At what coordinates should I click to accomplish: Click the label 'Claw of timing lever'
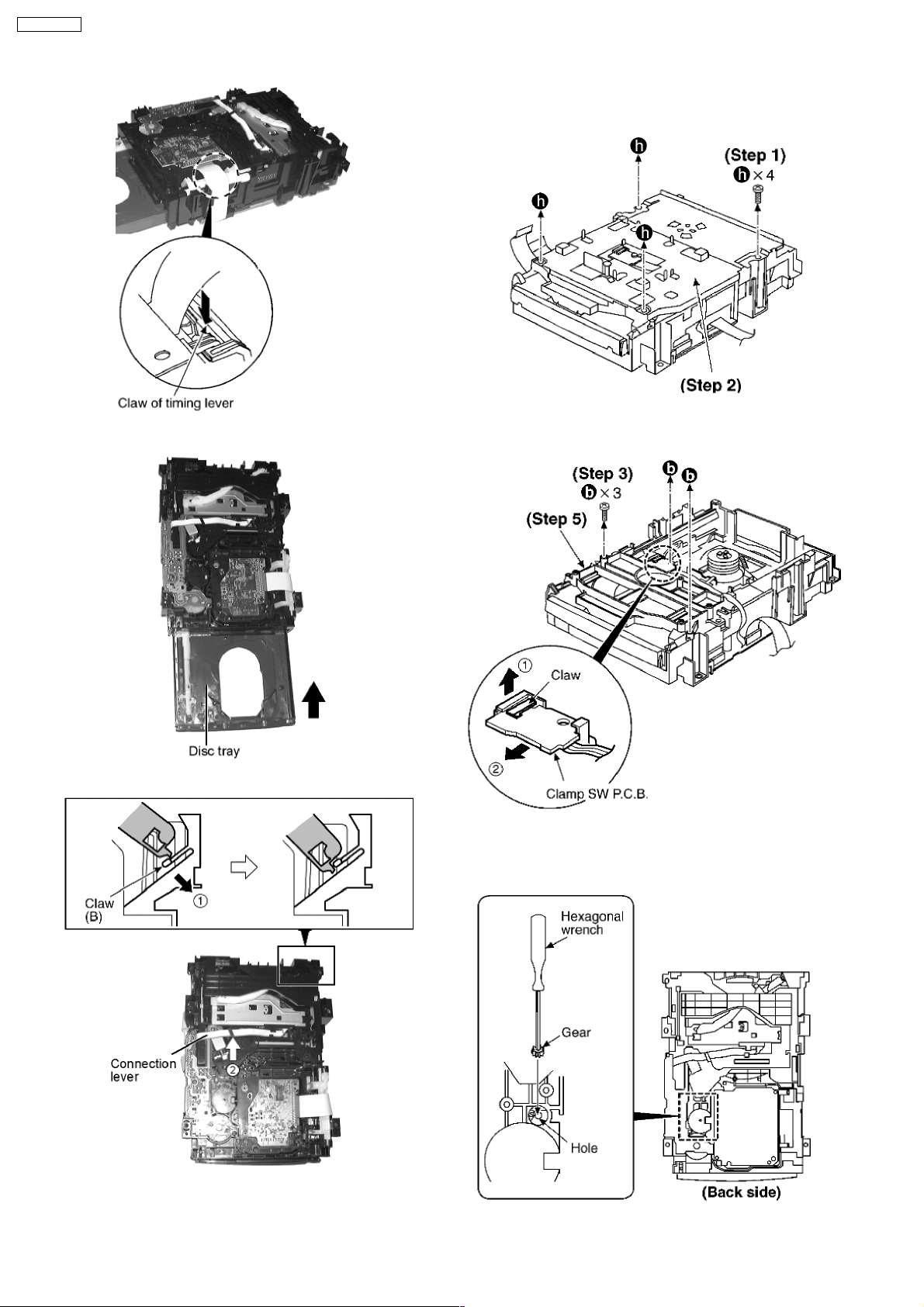coord(175,403)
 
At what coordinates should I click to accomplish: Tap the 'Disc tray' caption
coord(214,751)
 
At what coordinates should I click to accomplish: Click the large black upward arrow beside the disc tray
coord(315,700)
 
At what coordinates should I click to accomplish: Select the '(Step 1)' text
coord(755,155)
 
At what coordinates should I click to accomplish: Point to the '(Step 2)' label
coord(711,386)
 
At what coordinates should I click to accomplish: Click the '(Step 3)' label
coord(603,473)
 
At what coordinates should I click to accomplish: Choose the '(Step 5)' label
coord(556,519)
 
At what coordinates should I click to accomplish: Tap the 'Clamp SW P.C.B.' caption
coord(597,794)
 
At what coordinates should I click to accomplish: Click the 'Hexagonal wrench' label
coord(592,923)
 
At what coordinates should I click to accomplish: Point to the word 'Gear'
coord(576,1032)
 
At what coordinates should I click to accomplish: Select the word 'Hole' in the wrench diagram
coord(583,1148)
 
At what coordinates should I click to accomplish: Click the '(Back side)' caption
coord(741,1192)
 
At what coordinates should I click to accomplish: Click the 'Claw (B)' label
coord(99,910)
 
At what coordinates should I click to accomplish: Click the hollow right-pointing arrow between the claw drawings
coord(244,869)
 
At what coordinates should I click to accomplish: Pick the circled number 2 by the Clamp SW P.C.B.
coord(494,769)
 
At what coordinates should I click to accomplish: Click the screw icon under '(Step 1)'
coord(757,194)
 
